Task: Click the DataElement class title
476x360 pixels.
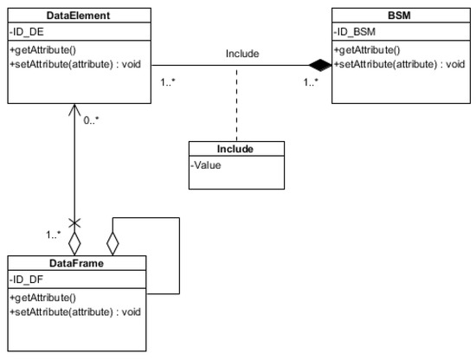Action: pos(78,16)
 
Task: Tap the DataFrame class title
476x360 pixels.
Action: pos(78,262)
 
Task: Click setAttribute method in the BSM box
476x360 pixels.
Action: pos(397,63)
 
